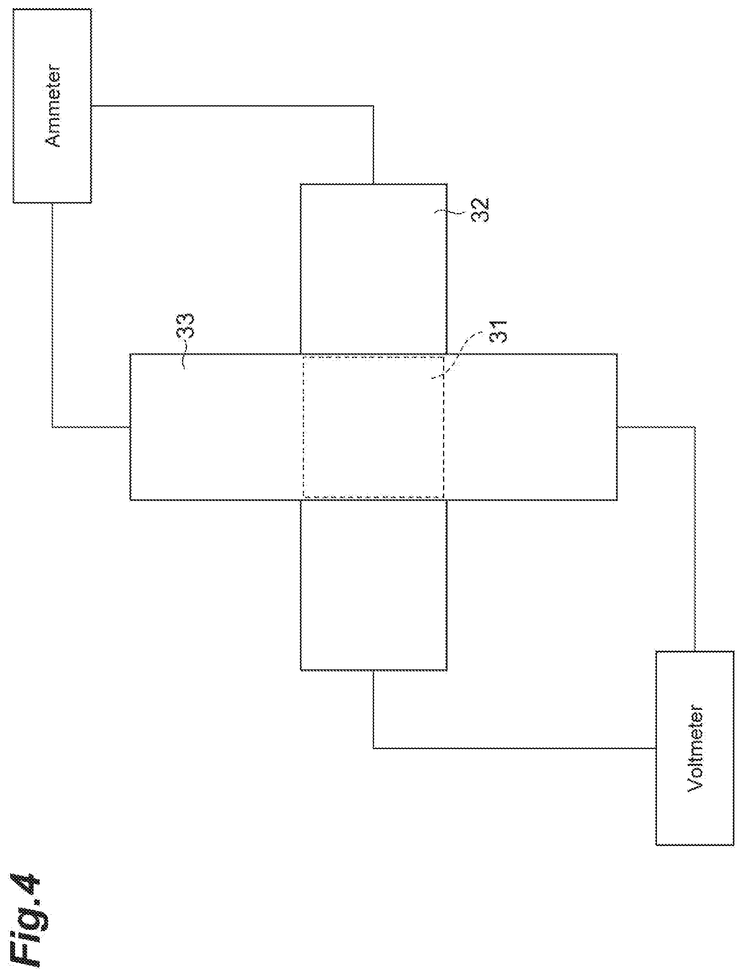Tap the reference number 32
coord(480,210)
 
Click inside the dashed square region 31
coord(373,427)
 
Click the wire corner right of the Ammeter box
coord(374,106)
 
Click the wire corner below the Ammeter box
coord(52,427)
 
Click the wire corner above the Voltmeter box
coord(695,427)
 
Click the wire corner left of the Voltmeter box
coord(374,748)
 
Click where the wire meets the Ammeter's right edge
coord(91,106)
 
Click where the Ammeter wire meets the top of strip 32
coord(374,184)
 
